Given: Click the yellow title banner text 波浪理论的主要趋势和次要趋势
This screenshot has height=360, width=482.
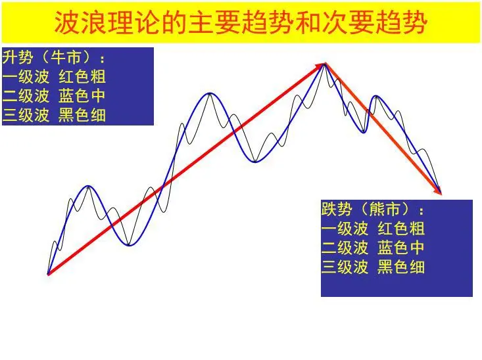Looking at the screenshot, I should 241,24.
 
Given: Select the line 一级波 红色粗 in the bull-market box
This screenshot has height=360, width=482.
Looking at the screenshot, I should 54,76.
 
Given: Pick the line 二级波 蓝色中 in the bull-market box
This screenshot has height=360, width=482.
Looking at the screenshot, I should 54,96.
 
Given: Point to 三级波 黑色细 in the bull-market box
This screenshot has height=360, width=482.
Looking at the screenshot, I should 54,116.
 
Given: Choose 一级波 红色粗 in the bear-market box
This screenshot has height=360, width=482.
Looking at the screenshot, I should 373,229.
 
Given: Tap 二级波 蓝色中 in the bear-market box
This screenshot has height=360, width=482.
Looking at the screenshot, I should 373,248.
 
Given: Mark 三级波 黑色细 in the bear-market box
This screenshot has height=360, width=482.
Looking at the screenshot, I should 373,267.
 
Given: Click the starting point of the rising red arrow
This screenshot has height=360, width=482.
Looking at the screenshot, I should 49,273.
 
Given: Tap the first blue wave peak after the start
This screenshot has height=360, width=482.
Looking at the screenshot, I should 87,187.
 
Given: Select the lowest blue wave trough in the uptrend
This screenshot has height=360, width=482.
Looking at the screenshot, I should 130,245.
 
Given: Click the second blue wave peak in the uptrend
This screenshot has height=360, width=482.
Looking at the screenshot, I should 210,93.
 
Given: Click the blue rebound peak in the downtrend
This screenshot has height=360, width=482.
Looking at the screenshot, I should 377,97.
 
